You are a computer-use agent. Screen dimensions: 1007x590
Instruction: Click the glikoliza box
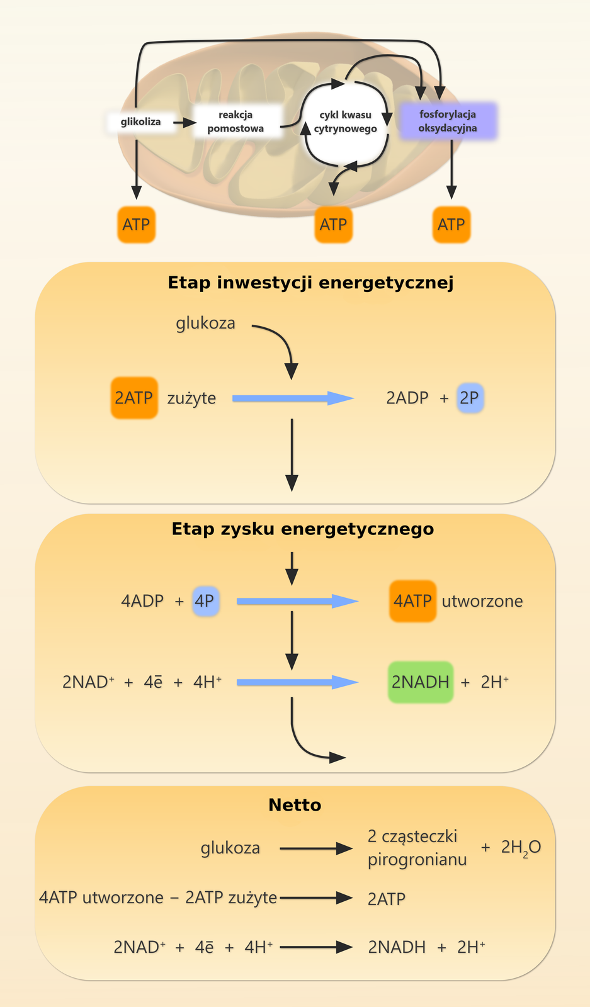(x=140, y=121)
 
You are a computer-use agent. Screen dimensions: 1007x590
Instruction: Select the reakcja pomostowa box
(x=235, y=121)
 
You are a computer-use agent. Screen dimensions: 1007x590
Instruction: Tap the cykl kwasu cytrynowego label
(x=345, y=121)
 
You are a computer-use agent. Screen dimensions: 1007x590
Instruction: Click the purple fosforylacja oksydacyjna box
(x=448, y=121)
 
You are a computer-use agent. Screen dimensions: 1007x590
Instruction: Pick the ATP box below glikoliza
(x=136, y=225)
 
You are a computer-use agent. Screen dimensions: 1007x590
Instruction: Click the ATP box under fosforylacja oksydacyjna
(x=451, y=225)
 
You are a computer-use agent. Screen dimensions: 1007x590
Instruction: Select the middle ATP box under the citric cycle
(x=333, y=225)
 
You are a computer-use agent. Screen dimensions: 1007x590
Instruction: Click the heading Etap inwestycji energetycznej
(x=310, y=283)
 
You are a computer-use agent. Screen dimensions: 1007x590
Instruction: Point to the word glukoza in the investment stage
(x=205, y=323)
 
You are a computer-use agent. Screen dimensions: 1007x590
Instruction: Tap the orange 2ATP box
(x=134, y=398)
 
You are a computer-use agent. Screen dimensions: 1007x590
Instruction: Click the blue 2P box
(x=470, y=398)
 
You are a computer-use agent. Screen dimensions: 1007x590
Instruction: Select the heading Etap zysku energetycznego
(x=303, y=529)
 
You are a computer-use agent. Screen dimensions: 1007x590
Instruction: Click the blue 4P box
(x=205, y=600)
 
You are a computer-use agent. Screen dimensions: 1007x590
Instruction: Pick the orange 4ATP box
(x=412, y=601)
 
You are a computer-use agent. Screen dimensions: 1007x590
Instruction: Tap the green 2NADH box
(x=421, y=682)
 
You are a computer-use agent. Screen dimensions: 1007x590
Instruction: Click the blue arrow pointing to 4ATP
(x=296, y=601)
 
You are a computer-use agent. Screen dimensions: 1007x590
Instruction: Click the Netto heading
(x=295, y=805)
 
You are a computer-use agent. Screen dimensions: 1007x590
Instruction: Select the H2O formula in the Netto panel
(x=521, y=848)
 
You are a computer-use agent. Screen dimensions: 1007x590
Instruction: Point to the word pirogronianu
(x=417, y=859)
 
